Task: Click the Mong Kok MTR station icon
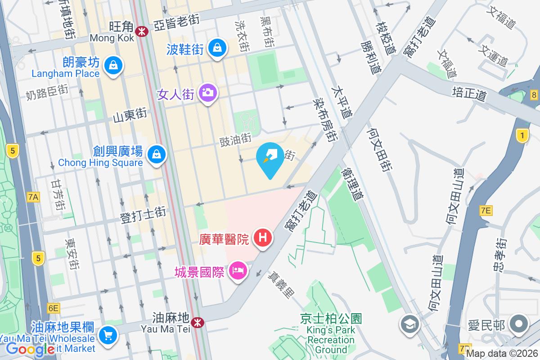coord(142,31)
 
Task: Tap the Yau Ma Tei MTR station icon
coord(197,322)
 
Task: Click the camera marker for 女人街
coord(208,93)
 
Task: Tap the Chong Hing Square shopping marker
coord(156,154)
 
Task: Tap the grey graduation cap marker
coord(409,324)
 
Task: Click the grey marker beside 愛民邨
coord(519,324)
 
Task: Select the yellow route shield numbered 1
coord(522,135)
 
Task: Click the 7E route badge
coord(486,210)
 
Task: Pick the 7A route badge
coord(33,197)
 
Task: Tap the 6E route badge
coord(53,308)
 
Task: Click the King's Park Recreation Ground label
coord(331,334)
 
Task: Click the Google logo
coord(30,349)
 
